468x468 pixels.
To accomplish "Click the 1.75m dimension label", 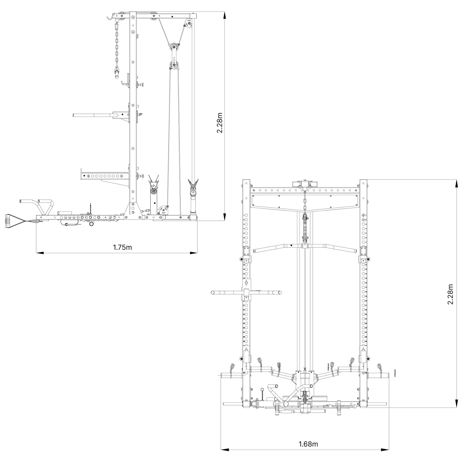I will click(122, 247).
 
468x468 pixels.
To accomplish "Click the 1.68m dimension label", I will click(308, 444).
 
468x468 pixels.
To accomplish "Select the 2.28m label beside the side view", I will click(220, 123).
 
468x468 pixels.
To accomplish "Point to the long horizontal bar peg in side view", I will click(94, 114).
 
